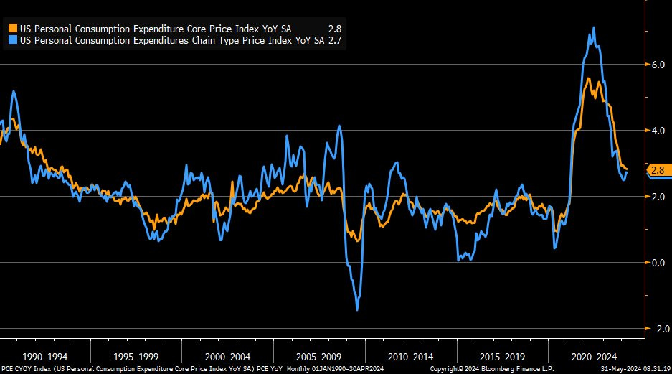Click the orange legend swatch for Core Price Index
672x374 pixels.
click(x=13, y=28)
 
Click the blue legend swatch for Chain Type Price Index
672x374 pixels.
click(x=13, y=41)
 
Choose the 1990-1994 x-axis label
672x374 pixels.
click(x=46, y=357)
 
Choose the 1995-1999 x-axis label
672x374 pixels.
click(x=137, y=357)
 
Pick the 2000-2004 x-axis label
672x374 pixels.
click(x=228, y=357)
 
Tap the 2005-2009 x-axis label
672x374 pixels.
click(x=319, y=357)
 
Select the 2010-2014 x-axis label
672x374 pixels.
click(x=411, y=357)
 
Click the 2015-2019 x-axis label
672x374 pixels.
click(x=502, y=357)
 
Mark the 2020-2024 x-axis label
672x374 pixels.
click(x=593, y=357)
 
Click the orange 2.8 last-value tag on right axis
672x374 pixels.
click(x=659, y=170)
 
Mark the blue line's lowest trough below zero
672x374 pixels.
click(x=357, y=309)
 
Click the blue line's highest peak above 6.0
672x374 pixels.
click(x=593, y=28)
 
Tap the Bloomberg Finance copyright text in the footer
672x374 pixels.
click(x=491, y=369)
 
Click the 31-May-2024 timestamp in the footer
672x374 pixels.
click(x=632, y=369)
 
